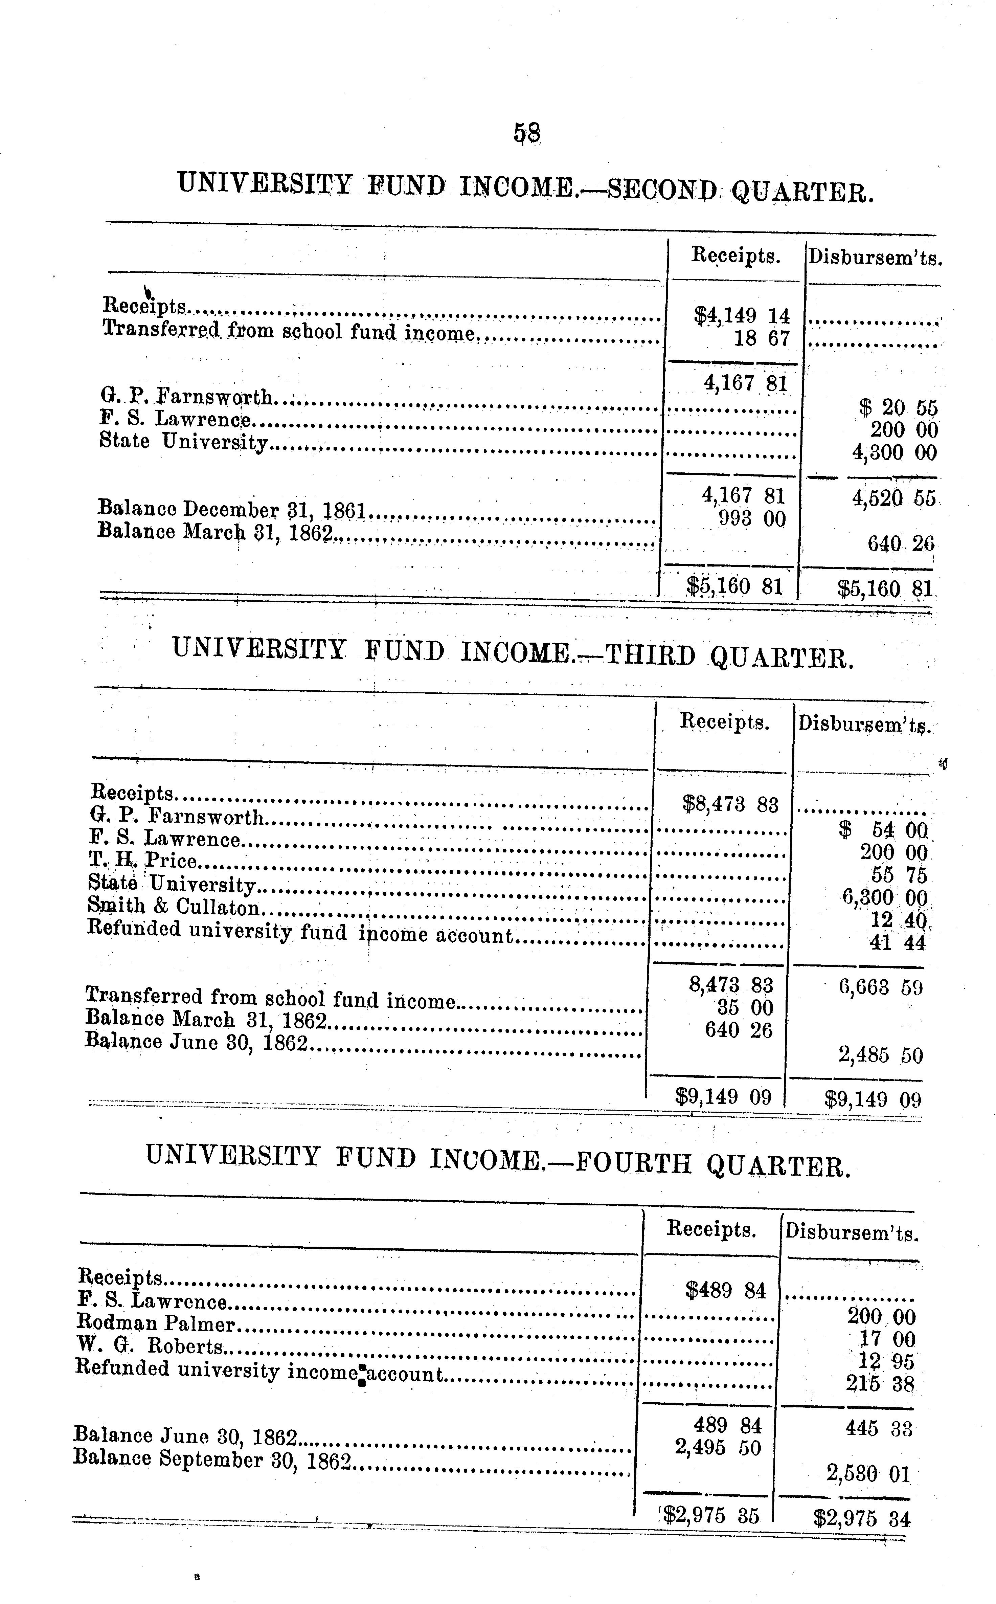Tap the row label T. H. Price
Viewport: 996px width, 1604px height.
click(x=143, y=861)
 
